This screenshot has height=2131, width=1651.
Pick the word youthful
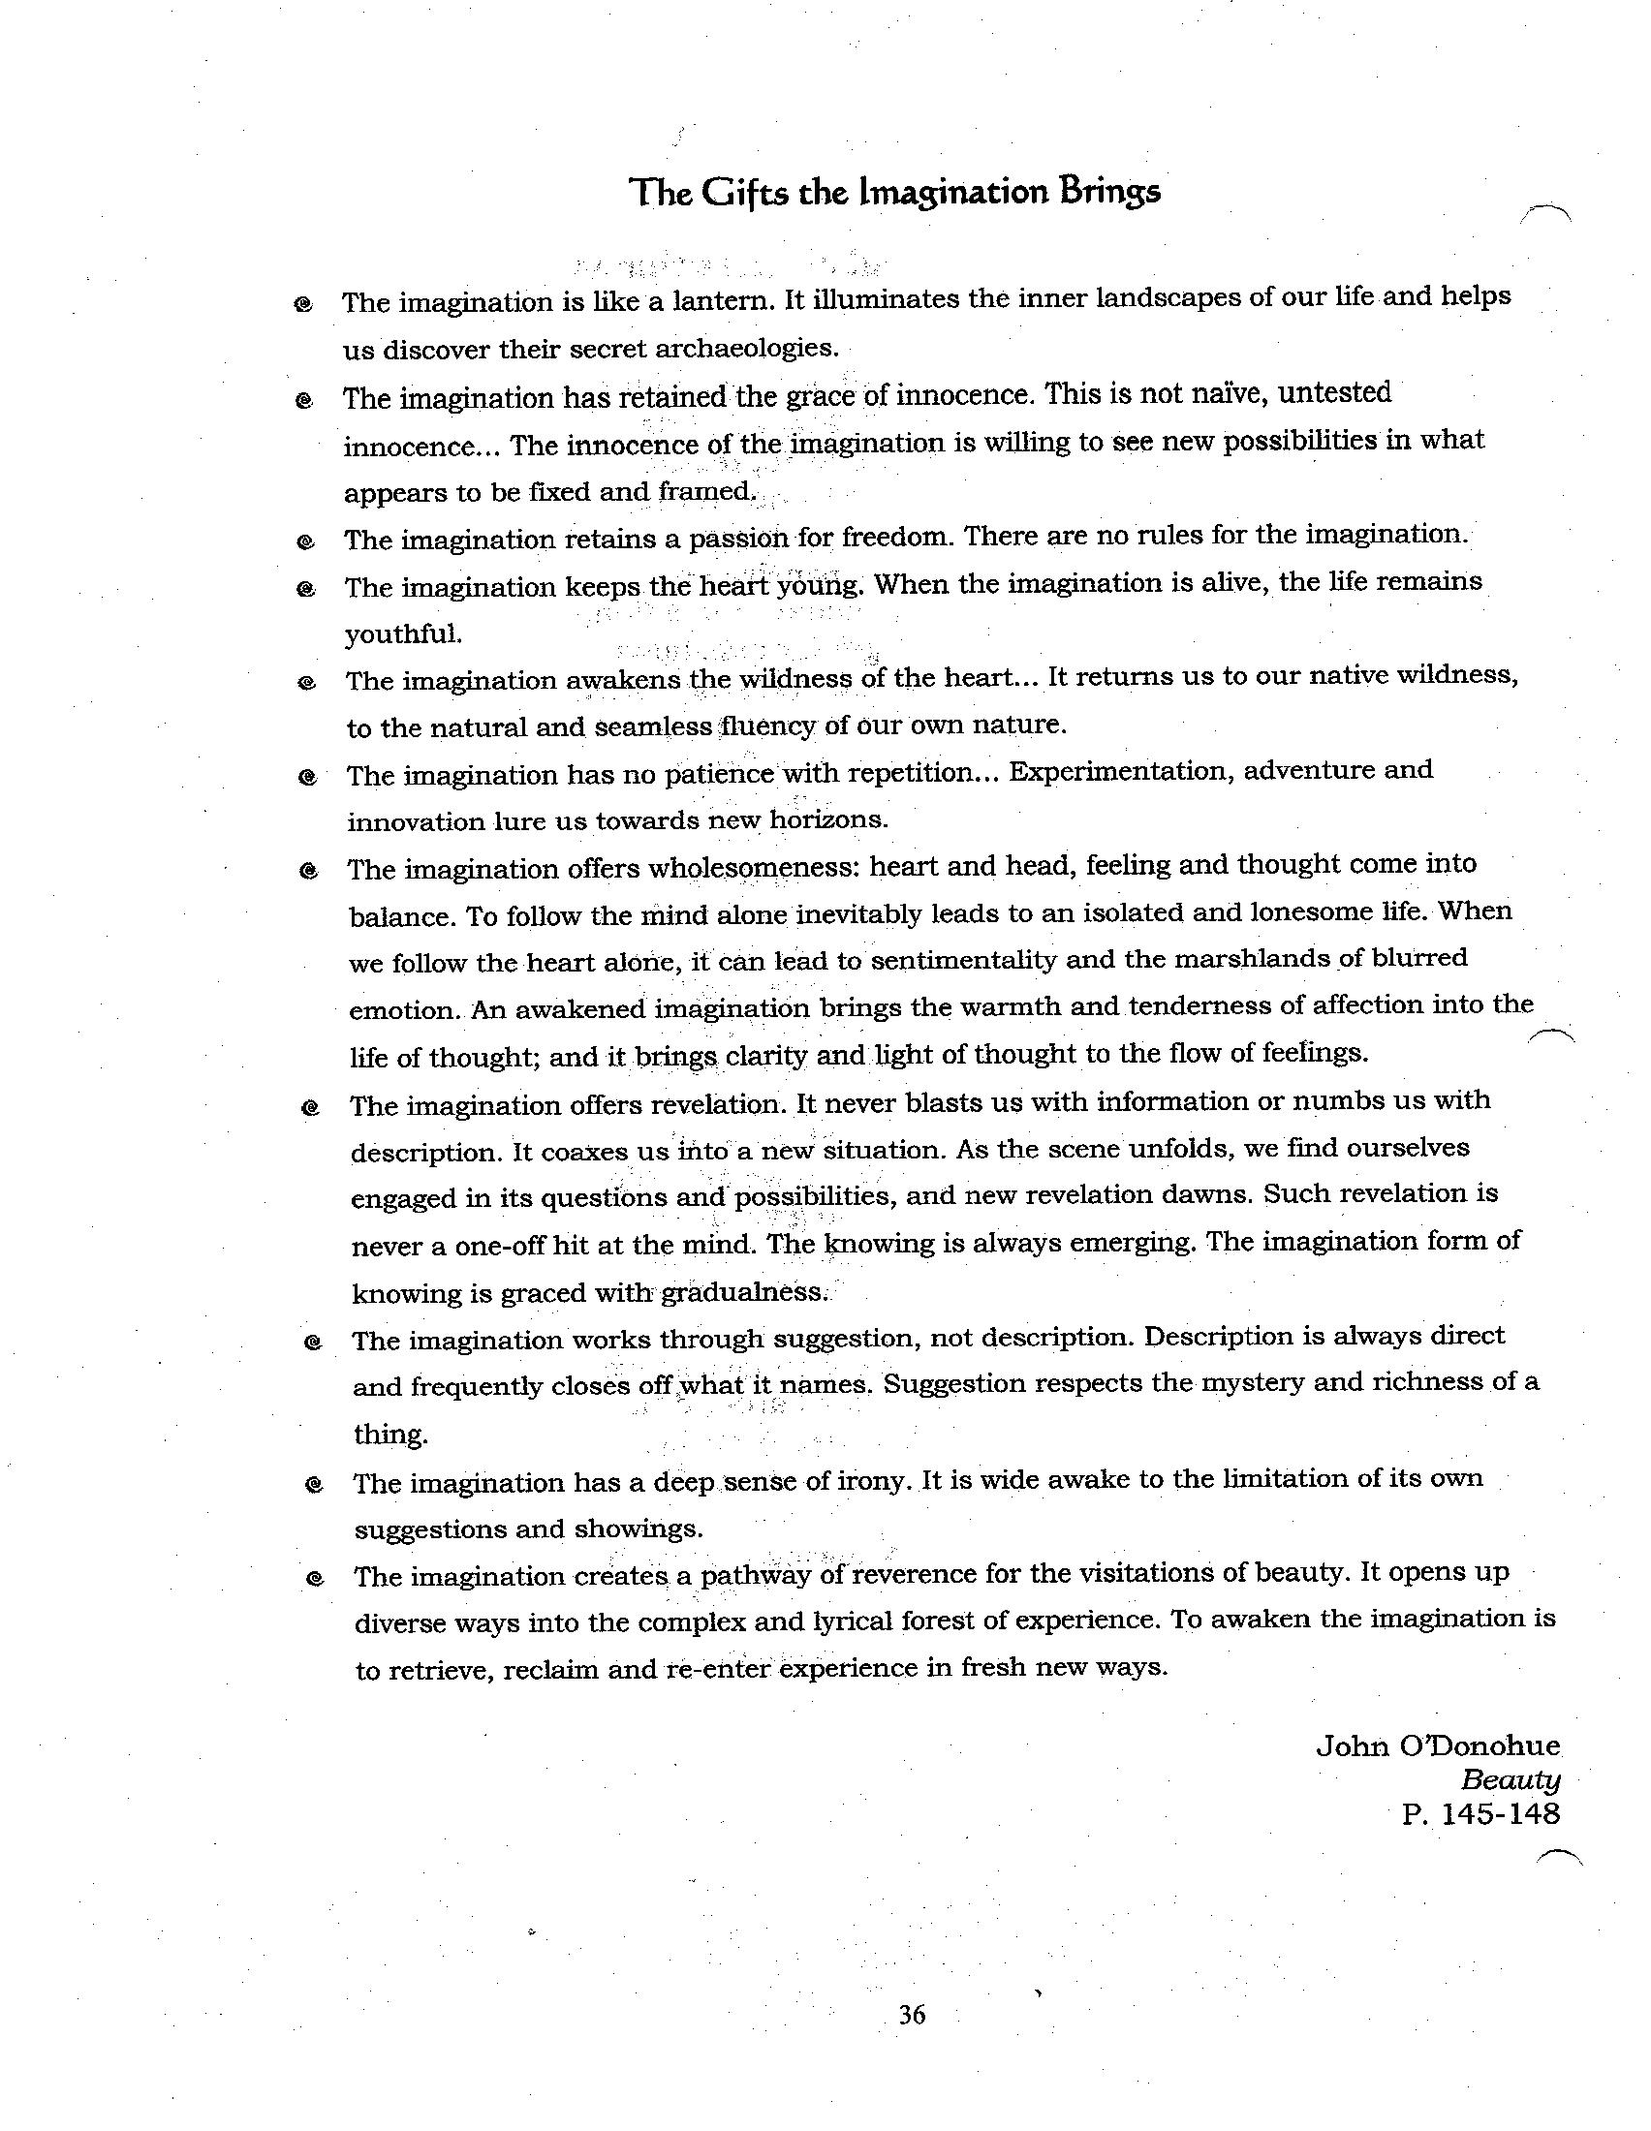(402, 634)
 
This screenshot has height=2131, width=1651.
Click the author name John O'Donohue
(1437, 1745)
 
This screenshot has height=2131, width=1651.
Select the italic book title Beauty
(1510, 1779)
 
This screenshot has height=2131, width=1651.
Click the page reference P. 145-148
(1480, 1814)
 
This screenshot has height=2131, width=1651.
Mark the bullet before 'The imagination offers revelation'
(310, 1108)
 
